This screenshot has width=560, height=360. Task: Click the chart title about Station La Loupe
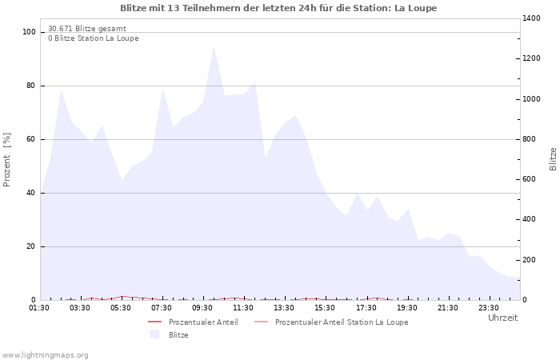point(278,8)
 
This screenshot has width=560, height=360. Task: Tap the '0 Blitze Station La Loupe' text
point(93,38)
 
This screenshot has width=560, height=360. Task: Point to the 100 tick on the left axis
point(30,32)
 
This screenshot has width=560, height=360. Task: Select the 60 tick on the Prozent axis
point(31,139)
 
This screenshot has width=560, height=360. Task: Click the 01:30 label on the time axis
point(39,307)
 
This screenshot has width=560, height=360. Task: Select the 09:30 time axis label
point(203,307)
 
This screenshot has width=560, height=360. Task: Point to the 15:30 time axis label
point(326,307)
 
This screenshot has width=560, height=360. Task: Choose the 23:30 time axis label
point(489,307)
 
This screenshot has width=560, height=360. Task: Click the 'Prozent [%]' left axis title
point(7,160)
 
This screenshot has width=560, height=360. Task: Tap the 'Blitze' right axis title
point(553,158)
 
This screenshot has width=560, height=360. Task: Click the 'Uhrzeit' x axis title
point(502,318)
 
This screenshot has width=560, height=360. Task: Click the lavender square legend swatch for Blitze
point(155,334)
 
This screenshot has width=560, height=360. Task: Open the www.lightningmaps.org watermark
point(46,354)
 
